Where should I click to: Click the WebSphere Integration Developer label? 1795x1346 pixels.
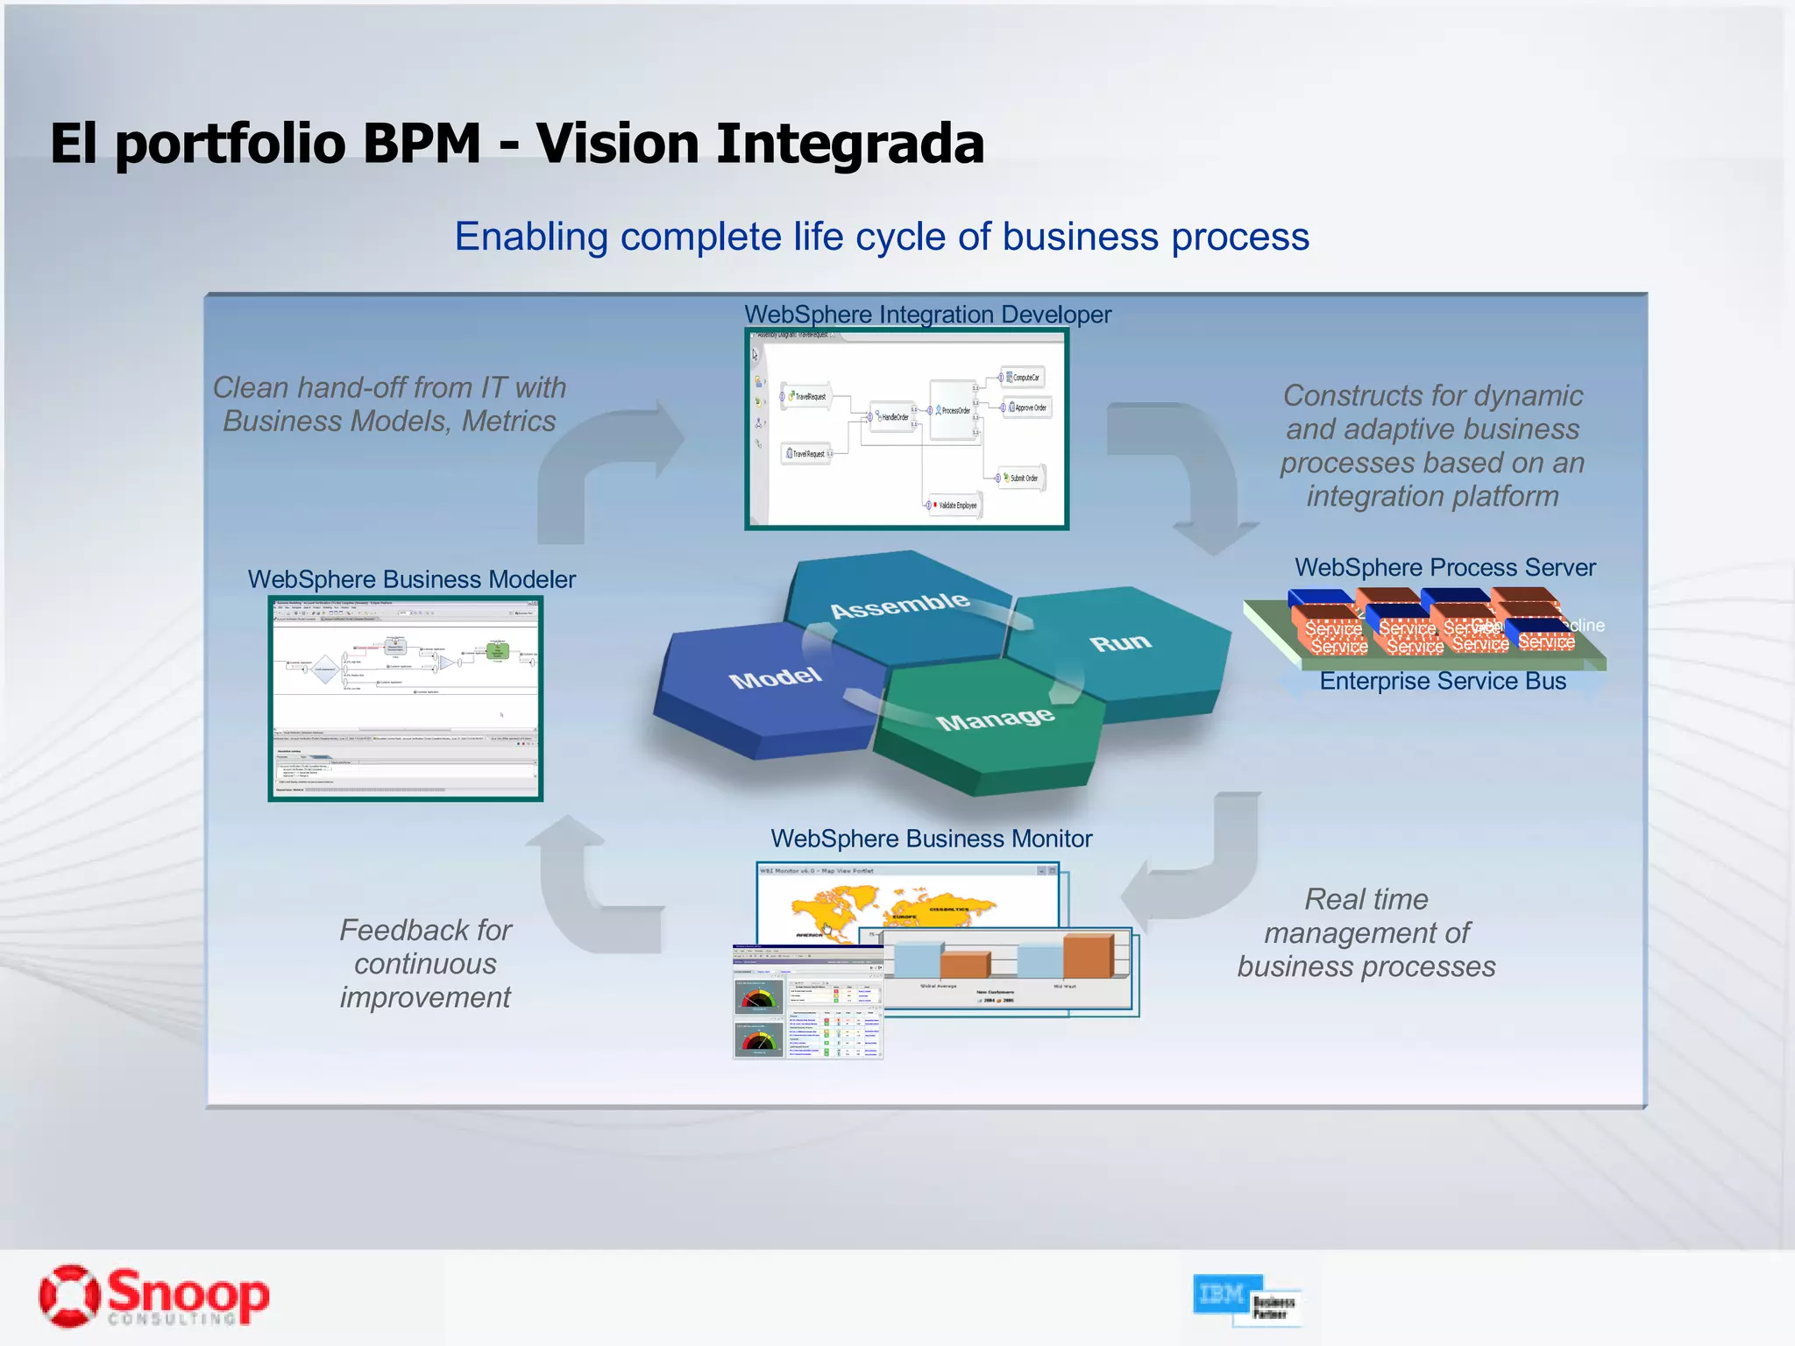[x=927, y=315]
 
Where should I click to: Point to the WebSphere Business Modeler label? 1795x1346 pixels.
[x=411, y=579]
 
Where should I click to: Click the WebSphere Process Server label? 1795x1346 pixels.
[x=1444, y=568]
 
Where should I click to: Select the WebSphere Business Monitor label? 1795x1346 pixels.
[x=931, y=839]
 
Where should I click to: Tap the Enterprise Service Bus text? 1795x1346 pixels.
[x=1442, y=682]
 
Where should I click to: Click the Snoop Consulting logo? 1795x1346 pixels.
[x=154, y=1296]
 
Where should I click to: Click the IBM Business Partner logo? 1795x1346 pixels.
[x=1246, y=1299]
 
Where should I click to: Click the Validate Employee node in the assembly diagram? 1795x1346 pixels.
[x=955, y=506]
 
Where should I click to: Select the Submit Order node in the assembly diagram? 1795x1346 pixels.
[x=1022, y=478]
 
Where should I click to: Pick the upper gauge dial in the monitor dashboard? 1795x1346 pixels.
[x=759, y=997]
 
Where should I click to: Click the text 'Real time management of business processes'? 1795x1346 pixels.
[x=1366, y=933]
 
